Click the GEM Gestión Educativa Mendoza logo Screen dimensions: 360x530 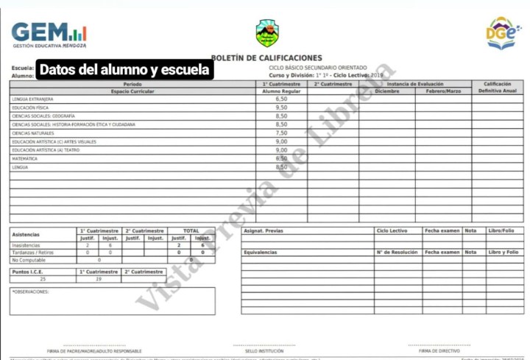(x=49, y=34)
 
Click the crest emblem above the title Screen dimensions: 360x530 (x=266, y=32)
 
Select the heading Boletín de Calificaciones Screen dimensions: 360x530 (x=266, y=57)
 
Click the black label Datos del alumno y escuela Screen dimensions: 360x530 (x=124, y=71)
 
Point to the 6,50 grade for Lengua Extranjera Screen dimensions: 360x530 (x=281, y=99)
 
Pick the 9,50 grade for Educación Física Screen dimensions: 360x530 (x=281, y=107)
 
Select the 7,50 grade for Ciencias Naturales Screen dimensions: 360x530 (x=281, y=133)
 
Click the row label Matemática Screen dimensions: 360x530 (x=25, y=158)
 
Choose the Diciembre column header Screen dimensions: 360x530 (x=386, y=91)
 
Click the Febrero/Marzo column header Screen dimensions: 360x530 (x=443, y=91)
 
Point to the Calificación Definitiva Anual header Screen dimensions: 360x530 (x=498, y=87)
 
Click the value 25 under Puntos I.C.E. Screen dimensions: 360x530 (x=42, y=279)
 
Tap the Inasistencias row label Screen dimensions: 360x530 (x=26, y=245)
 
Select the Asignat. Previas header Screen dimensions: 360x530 (x=264, y=230)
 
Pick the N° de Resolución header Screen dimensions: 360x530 (x=397, y=252)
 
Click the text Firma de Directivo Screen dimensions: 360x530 (x=439, y=350)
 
